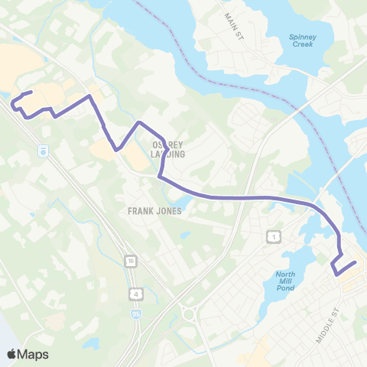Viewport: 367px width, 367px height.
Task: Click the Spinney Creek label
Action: tap(303, 40)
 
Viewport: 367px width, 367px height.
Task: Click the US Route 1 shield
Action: tap(273, 238)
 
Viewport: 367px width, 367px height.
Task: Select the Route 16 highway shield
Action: tap(132, 261)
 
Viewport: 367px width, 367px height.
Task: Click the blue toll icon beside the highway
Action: tap(44, 151)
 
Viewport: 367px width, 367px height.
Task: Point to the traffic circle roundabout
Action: tap(189, 313)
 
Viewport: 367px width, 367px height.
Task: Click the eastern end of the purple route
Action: tap(356, 263)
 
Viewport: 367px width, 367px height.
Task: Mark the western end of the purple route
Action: tap(31, 93)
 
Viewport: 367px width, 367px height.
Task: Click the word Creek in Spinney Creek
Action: tap(303, 44)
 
